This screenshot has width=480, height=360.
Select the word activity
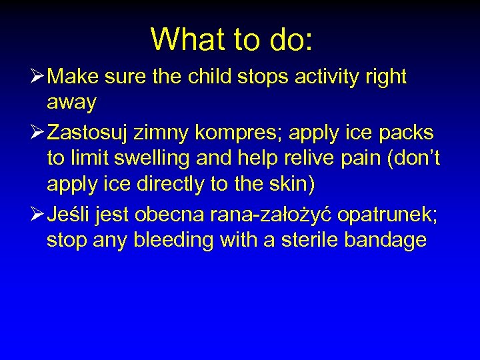click(324, 77)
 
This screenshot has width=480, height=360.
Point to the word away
click(72, 103)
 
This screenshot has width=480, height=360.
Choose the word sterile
click(310, 240)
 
